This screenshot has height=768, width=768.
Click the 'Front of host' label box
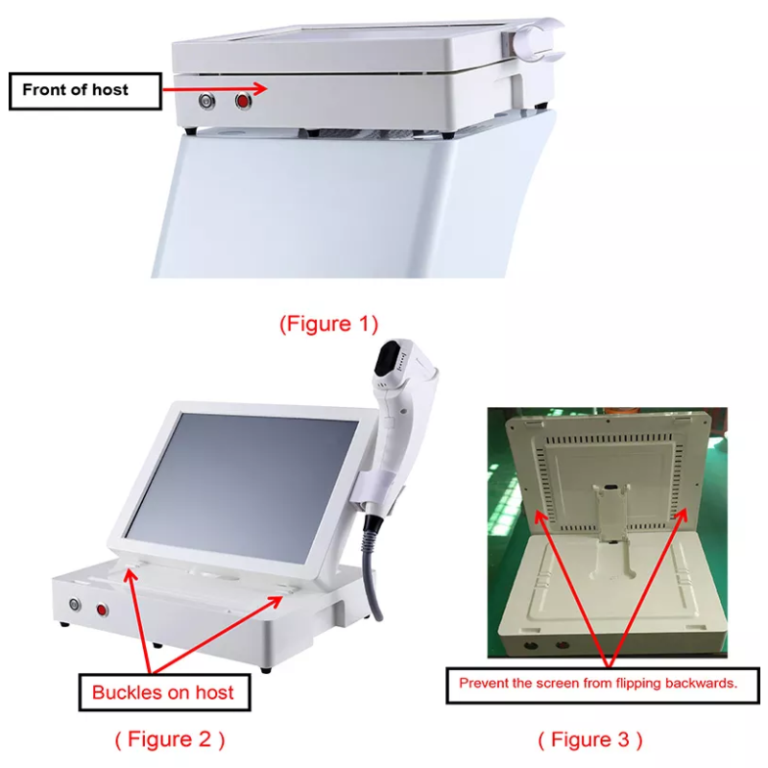(x=84, y=90)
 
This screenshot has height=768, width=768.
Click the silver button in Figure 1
(x=205, y=100)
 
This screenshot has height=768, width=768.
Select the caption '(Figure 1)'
(x=328, y=324)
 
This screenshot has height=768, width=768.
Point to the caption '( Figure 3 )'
(x=589, y=739)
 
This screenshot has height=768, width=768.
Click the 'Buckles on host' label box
(x=162, y=692)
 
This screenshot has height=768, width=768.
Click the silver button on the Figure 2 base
(x=74, y=605)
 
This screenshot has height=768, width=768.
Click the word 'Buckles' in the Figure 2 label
(x=126, y=692)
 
